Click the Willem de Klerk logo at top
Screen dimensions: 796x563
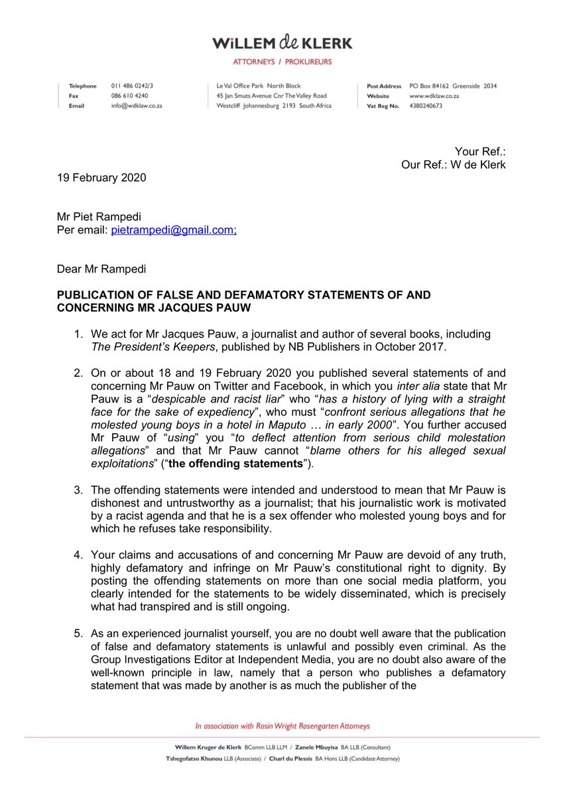pyautogui.click(x=282, y=44)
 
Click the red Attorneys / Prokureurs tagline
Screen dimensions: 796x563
pyautogui.click(x=282, y=62)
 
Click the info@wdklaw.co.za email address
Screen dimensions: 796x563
pyautogui.click(x=137, y=105)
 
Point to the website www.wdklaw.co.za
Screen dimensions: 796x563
pyautogui.click(x=434, y=96)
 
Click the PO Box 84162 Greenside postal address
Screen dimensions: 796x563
pyautogui.click(x=453, y=86)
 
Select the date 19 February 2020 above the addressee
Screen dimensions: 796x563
pyautogui.click(x=100, y=178)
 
